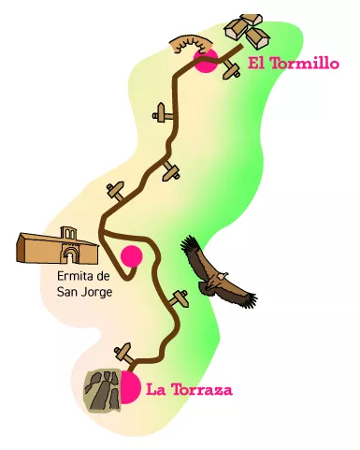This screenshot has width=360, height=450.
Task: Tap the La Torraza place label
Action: [189, 389]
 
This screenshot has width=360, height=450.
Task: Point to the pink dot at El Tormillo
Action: [206, 62]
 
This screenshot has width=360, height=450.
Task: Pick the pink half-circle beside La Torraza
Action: [130, 385]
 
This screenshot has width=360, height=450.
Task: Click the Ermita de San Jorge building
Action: [57, 246]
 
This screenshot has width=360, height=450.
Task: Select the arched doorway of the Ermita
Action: [67, 253]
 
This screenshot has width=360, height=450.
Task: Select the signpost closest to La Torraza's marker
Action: [122, 354]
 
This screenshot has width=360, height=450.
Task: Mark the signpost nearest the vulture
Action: [181, 297]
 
